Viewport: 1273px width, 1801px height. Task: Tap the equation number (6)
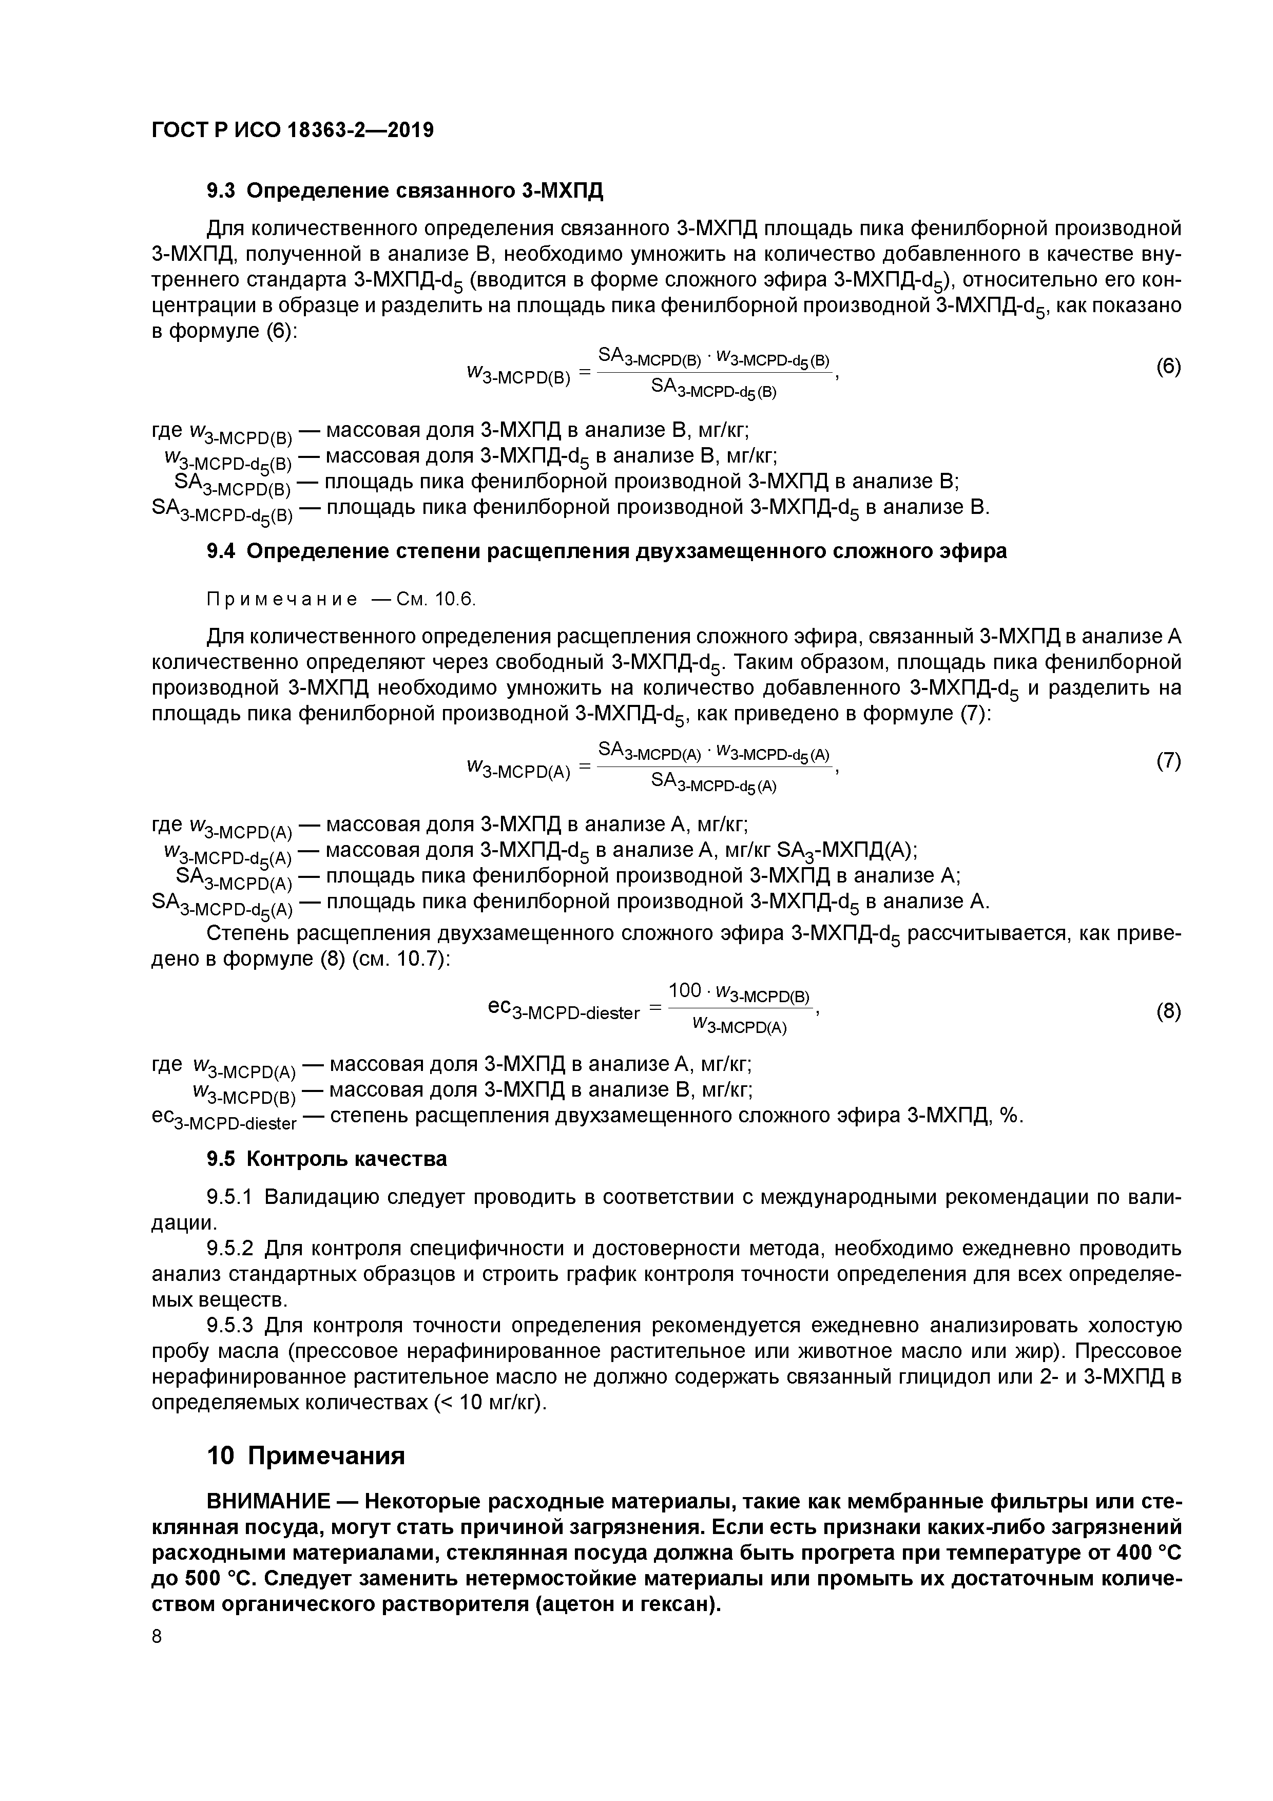(1168, 367)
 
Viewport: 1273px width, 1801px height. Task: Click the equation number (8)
(1168, 1012)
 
